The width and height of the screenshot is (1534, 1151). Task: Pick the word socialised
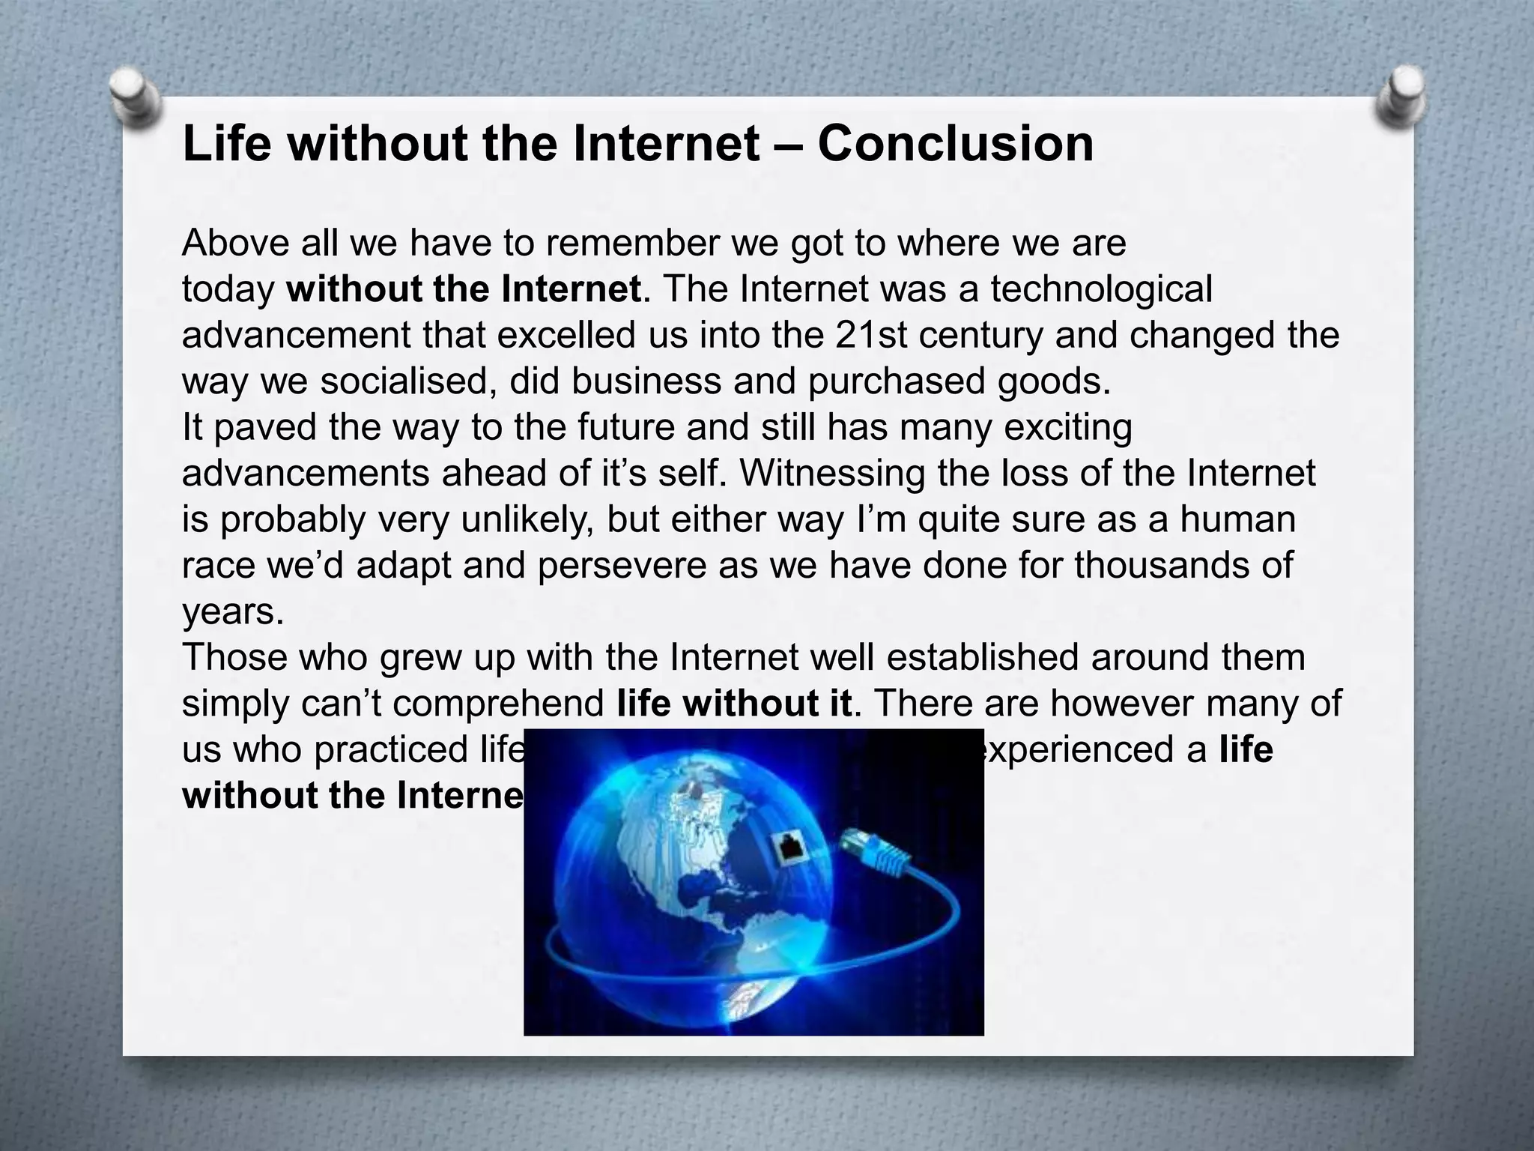(408, 381)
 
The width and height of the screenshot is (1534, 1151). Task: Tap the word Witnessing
(831, 474)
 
